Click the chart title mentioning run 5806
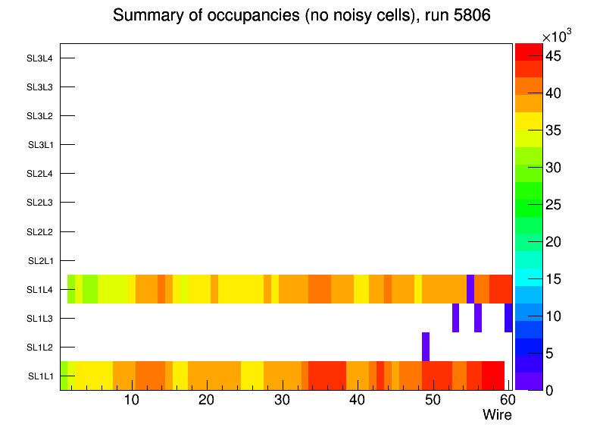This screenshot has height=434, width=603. click(301, 16)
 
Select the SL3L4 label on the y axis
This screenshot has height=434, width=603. click(40, 58)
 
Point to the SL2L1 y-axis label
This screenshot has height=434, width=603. click(40, 261)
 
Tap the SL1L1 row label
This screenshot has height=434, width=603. click(40, 376)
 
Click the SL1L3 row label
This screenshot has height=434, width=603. click(40, 319)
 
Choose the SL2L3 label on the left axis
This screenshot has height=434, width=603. click(40, 203)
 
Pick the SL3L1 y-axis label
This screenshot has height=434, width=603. click(40, 145)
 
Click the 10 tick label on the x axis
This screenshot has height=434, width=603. click(132, 400)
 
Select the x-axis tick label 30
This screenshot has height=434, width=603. click(282, 400)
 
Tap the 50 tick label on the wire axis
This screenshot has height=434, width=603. click(432, 400)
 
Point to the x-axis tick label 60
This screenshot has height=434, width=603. click(506, 400)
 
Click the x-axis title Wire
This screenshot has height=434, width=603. click(497, 415)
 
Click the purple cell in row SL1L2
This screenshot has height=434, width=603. click(426, 347)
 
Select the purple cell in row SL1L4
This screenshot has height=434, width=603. click(470, 289)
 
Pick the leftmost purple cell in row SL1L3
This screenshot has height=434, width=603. click(455, 318)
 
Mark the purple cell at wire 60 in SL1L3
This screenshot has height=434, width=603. click(508, 318)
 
